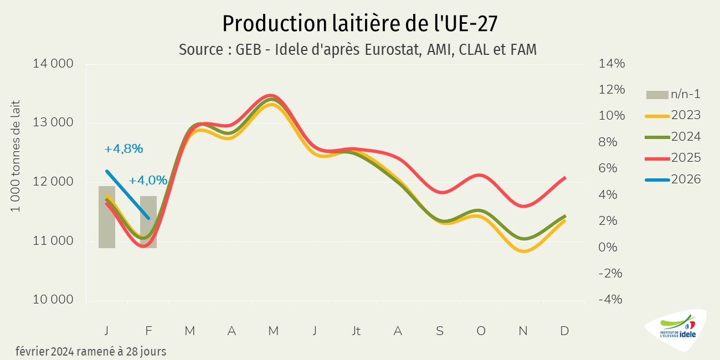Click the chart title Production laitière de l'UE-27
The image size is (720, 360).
tap(359, 23)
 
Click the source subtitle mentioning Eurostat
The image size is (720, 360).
tap(358, 50)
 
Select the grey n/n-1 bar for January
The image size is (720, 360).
tap(107, 217)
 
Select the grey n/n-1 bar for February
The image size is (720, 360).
tap(148, 222)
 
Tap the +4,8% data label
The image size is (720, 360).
tap(124, 149)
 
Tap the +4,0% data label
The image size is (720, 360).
tap(148, 181)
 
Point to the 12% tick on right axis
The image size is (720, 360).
tap(612, 90)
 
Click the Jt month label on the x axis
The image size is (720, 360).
tap(356, 331)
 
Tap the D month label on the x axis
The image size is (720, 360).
tap(564, 331)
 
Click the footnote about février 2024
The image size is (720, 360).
tap(91, 351)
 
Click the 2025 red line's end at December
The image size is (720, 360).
tap(564, 178)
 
